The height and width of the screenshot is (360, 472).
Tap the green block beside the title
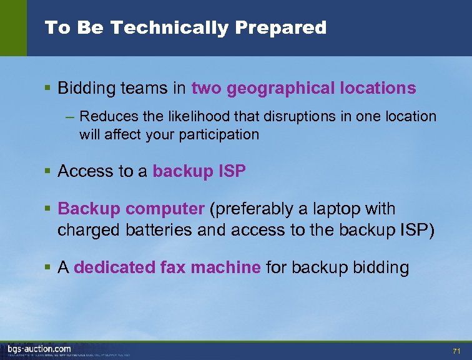point(13,27)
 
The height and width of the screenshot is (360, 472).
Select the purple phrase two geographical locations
point(303,88)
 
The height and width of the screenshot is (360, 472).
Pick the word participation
point(219,134)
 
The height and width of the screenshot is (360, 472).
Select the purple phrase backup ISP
point(199,172)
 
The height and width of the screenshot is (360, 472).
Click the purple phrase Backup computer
point(131,209)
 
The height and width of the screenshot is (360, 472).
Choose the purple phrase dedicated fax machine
point(167,268)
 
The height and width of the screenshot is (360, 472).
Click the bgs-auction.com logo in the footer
point(39,349)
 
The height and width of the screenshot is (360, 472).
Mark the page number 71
point(456,350)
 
